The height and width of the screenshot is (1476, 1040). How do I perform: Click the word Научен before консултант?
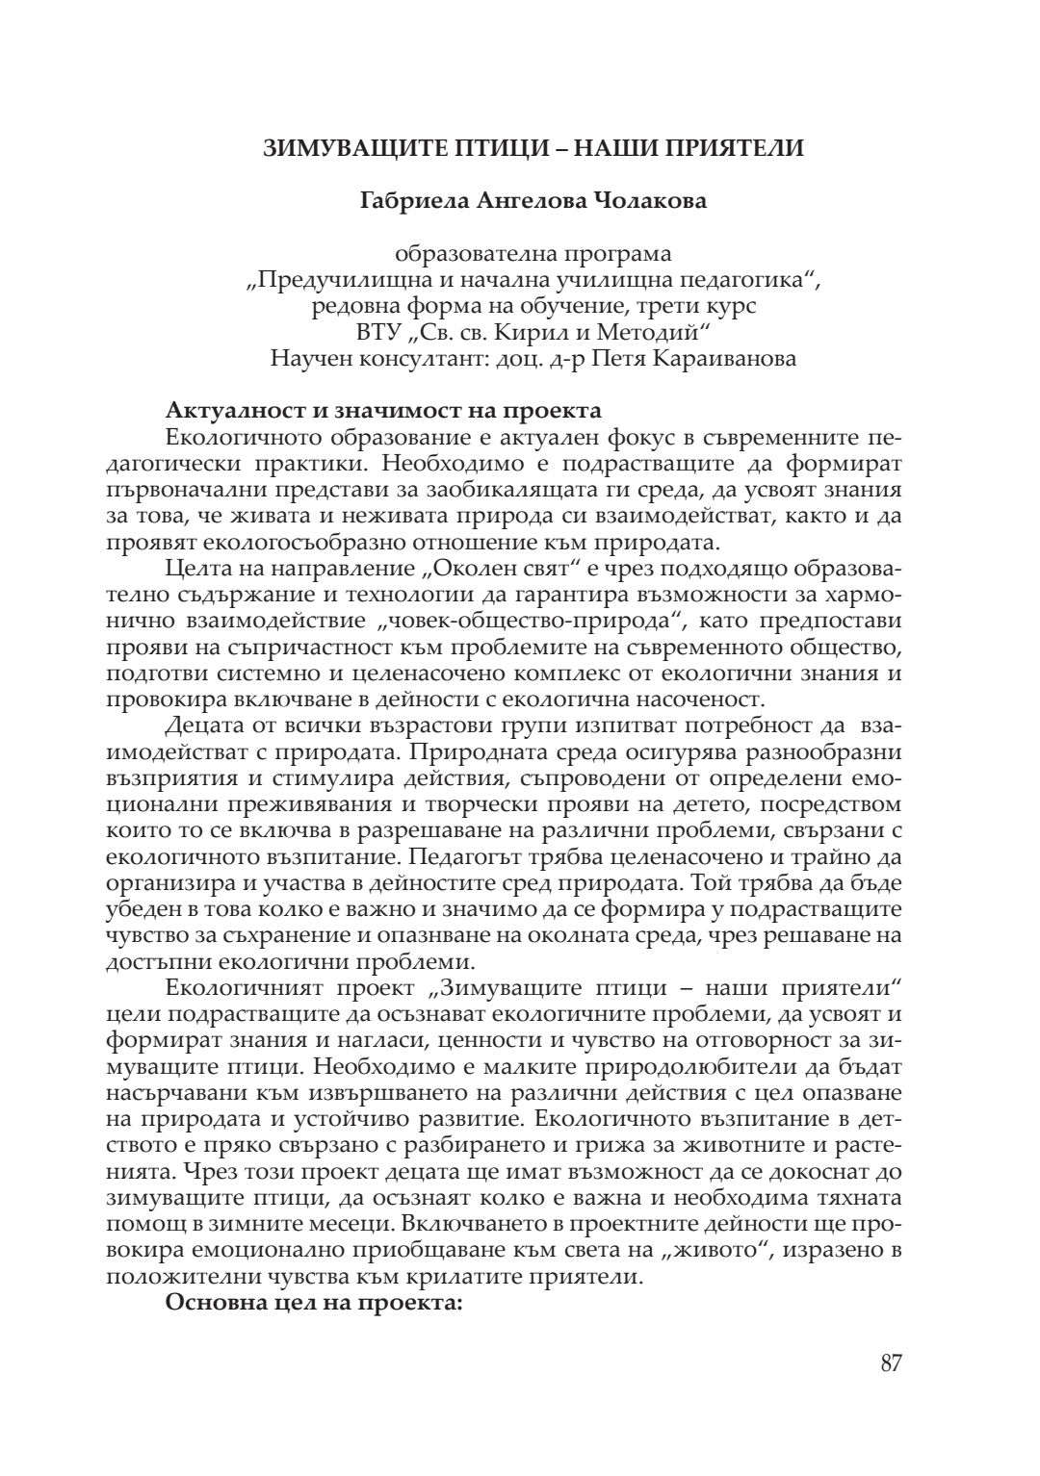click(313, 359)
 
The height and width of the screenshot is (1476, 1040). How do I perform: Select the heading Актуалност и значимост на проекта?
click(383, 411)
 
